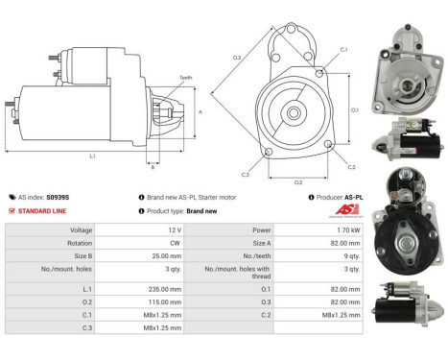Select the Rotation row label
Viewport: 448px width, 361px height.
[x=80, y=244]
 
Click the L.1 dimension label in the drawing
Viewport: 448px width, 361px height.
[x=92, y=156]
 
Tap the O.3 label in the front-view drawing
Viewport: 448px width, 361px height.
[x=237, y=59]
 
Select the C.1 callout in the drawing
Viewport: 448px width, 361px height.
[x=343, y=50]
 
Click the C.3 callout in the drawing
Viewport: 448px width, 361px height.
[x=246, y=174]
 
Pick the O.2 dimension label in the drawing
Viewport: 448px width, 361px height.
[x=297, y=181]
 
